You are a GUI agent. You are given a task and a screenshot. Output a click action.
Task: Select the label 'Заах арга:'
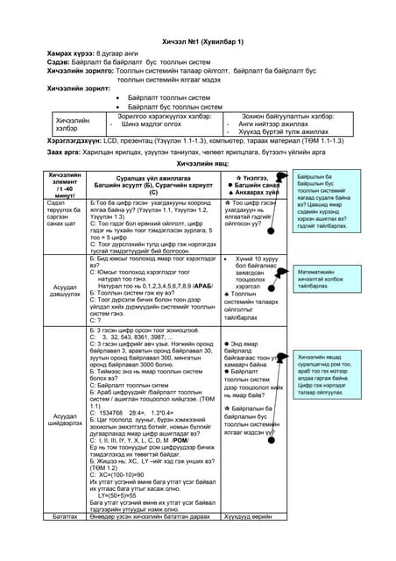coord(64,152)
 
